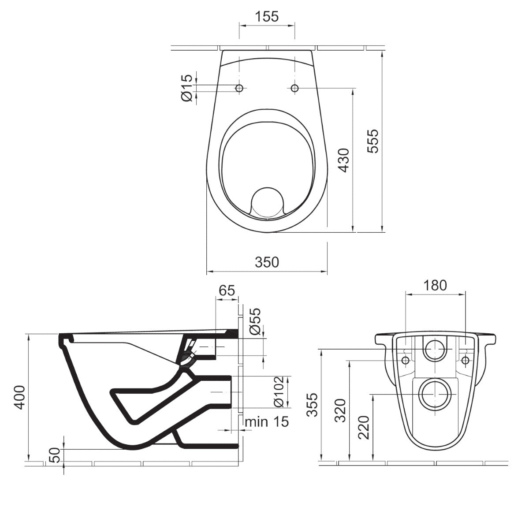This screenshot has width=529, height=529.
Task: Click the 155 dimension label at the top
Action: [x=266, y=16]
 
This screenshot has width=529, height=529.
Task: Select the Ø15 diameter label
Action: [x=186, y=88]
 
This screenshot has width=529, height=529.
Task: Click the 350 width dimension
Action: [x=267, y=262]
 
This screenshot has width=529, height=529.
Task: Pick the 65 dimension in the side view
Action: [x=226, y=290]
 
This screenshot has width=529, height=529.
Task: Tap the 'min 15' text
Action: [x=267, y=421]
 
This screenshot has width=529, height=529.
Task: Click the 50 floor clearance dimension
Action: [x=55, y=456]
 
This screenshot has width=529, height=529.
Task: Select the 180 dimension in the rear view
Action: [x=435, y=285]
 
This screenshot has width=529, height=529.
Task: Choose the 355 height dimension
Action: [x=312, y=405]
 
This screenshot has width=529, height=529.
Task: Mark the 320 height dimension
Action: [x=340, y=410]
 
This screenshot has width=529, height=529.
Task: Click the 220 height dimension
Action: [x=364, y=427]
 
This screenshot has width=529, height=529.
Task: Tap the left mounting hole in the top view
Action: [x=239, y=88]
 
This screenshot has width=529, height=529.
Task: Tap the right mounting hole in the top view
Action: [x=294, y=88]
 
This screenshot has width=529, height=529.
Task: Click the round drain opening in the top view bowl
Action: [x=267, y=202]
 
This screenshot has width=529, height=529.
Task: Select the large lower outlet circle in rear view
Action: [x=435, y=393]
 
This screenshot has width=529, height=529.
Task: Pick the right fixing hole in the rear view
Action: [x=465, y=360]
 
